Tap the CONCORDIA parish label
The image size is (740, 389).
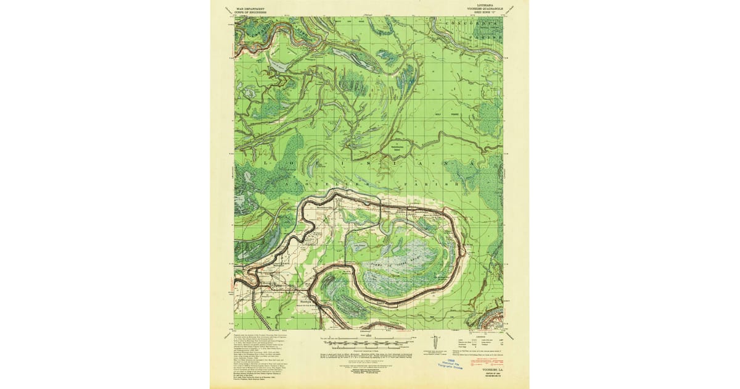(x=474, y=23)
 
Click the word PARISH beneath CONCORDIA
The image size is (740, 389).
(x=487, y=36)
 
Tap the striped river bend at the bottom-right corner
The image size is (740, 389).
(x=490, y=318)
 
